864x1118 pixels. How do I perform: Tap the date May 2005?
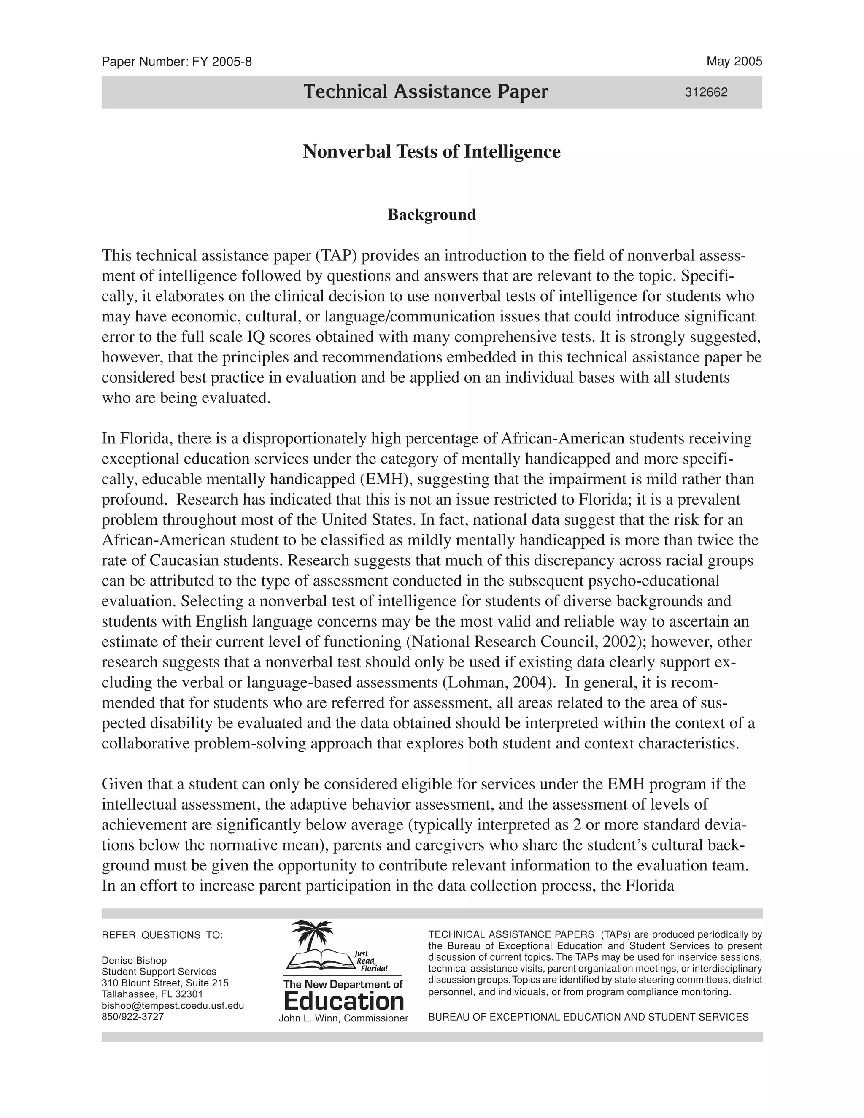734,62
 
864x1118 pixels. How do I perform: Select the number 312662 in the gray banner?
706,93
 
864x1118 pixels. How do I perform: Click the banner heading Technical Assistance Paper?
425,92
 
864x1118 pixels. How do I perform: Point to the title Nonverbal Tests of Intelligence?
432,151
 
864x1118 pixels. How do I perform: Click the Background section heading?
432,214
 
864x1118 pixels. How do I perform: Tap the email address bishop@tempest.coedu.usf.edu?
173,1005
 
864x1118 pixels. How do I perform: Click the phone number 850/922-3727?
132,1017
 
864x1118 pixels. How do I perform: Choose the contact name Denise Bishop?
134,960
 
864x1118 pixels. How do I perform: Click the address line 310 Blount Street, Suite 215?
165,983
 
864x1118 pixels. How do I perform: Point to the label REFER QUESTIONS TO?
162,935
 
